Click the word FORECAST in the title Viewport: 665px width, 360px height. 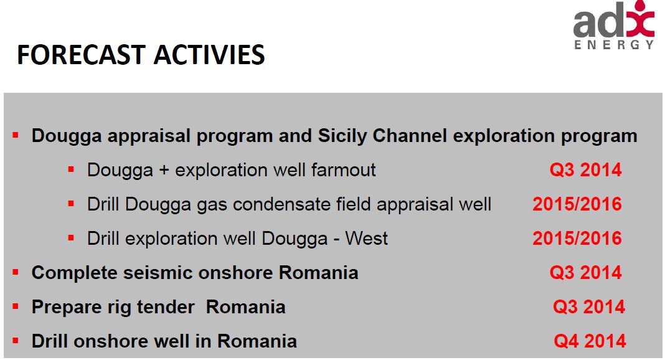click(81, 55)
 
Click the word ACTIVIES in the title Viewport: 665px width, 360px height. click(209, 55)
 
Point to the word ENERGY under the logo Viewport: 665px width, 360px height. click(613, 45)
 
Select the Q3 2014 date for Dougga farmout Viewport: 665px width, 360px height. click(585, 170)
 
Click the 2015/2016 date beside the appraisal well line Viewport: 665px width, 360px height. click(577, 204)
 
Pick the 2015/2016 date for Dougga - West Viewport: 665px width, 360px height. click(577, 239)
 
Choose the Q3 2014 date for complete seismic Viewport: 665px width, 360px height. click(585, 273)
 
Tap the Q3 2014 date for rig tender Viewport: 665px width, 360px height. click(588, 307)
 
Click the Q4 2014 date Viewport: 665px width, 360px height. click(589, 341)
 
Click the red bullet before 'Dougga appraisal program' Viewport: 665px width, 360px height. click(16, 135)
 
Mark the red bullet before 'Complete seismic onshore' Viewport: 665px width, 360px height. click(16, 272)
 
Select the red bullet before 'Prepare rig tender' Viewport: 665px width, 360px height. click(16, 306)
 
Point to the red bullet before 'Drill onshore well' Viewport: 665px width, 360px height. click(16, 340)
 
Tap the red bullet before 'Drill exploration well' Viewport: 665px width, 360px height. click(71, 237)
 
